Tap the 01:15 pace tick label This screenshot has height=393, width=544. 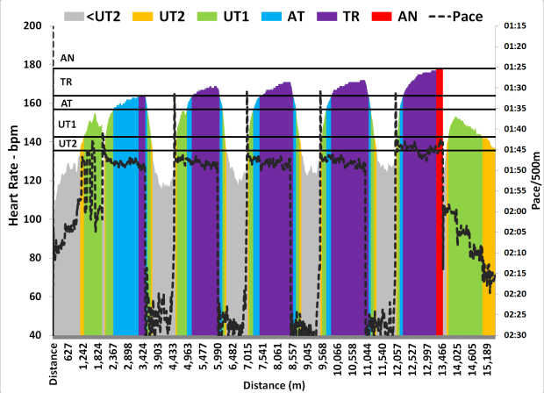click(x=515, y=26)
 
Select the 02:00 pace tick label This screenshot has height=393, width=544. click(x=515, y=211)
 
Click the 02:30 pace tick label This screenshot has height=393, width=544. click(x=515, y=335)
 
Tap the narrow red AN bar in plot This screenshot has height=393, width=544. click(x=440, y=202)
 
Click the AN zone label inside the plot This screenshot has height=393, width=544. click(x=68, y=59)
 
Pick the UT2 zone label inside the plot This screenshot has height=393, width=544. click(x=68, y=143)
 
